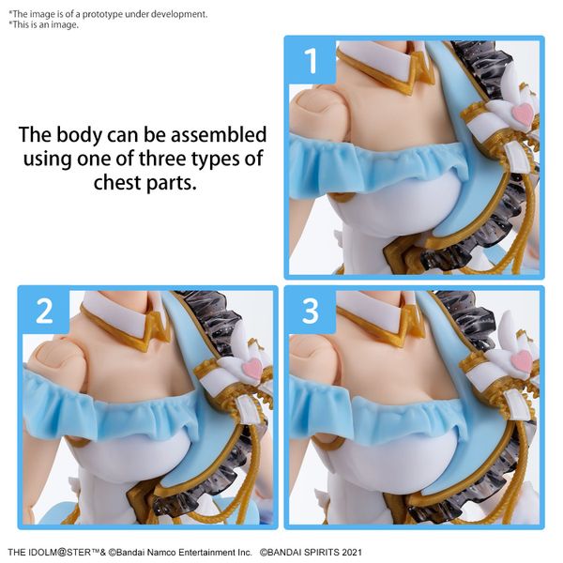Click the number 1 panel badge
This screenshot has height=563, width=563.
[x=311, y=62]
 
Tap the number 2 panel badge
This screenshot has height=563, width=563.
[x=44, y=312]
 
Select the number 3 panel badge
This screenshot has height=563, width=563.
[x=311, y=312]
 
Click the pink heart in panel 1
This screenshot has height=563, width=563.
[x=522, y=114]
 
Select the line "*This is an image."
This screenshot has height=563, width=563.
[x=44, y=24]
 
